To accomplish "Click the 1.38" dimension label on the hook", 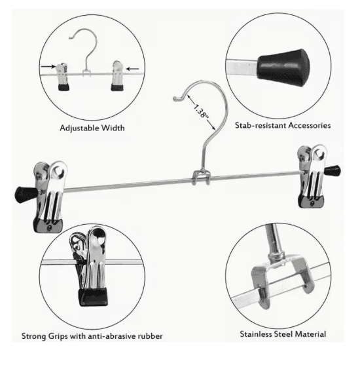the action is tap(201, 111).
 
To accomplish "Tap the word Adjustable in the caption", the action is tap(79, 128).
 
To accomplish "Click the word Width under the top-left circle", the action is tap(113, 128).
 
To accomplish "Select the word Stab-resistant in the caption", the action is tap(261, 125).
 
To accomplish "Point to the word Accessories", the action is tap(310, 125).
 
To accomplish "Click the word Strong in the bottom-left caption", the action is tap(34, 336).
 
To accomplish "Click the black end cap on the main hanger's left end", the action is tap(26, 195).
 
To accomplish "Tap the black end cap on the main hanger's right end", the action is tap(333, 171).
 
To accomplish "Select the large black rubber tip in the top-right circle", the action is tap(283, 68).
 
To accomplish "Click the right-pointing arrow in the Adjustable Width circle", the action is tap(48, 67).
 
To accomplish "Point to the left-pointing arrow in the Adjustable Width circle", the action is tap(132, 69).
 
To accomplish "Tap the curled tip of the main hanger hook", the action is tap(177, 98).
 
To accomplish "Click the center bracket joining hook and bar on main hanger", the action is tap(201, 178).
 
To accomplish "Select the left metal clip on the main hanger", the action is tap(50, 197).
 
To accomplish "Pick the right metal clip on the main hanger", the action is tap(312, 176).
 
